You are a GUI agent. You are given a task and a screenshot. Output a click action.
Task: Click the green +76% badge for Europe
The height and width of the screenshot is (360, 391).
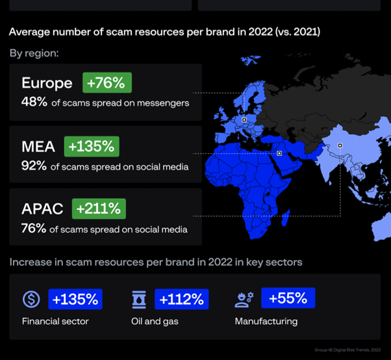click(107, 83)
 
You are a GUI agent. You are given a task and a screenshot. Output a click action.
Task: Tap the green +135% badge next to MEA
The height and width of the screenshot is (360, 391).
click(92, 147)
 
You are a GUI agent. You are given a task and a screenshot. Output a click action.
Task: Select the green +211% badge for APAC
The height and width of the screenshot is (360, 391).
click(99, 209)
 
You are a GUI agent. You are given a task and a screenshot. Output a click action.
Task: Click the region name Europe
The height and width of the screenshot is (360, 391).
click(47, 83)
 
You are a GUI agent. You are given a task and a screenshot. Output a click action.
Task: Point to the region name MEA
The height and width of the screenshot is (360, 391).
click(38, 147)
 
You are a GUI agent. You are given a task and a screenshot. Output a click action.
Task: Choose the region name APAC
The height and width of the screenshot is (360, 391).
click(42, 209)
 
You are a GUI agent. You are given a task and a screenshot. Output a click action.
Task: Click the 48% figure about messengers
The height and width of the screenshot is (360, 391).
click(34, 102)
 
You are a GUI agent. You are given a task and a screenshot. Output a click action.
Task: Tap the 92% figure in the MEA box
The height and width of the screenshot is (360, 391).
click(34, 166)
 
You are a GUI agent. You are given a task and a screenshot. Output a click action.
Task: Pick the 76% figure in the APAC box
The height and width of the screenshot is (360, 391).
click(34, 229)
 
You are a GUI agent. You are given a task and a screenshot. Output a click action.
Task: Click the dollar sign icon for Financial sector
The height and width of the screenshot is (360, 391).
click(31, 300)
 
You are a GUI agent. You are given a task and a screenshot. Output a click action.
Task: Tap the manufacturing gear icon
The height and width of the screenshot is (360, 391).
click(243, 300)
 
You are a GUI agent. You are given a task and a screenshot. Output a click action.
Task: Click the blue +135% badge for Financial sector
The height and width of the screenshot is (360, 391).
click(75, 300)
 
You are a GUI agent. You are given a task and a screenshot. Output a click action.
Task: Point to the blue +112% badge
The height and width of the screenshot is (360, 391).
click(182, 299)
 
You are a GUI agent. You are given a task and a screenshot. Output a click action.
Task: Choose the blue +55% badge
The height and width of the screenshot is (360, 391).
click(288, 298)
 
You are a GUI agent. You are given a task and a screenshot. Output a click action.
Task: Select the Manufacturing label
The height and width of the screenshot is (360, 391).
click(266, 321)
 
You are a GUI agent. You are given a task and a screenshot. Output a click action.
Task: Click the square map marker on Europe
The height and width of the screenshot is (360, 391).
click(244, 120)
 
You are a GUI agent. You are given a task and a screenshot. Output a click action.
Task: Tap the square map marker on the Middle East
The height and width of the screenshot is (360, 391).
click(279, 153)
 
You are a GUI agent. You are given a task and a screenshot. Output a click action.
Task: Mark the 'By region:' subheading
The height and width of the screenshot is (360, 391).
click(34, 53)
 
